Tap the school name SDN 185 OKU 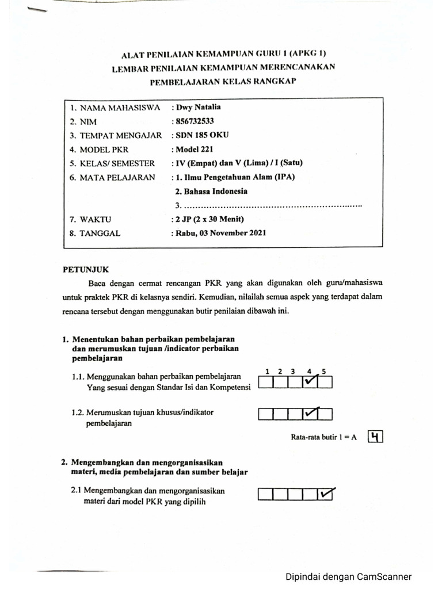coord(202,136)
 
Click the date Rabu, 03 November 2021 coord(220,233)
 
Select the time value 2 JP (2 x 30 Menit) coord(209,219)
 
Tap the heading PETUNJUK coord(85,269)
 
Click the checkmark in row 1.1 coord(310,381)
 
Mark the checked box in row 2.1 coord(326,494)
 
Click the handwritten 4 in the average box coord(375,437)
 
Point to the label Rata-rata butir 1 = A coord(323,437)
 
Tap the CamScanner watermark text coord(349,577)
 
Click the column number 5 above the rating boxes coord(324,372)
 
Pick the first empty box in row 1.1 coord(266,382)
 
